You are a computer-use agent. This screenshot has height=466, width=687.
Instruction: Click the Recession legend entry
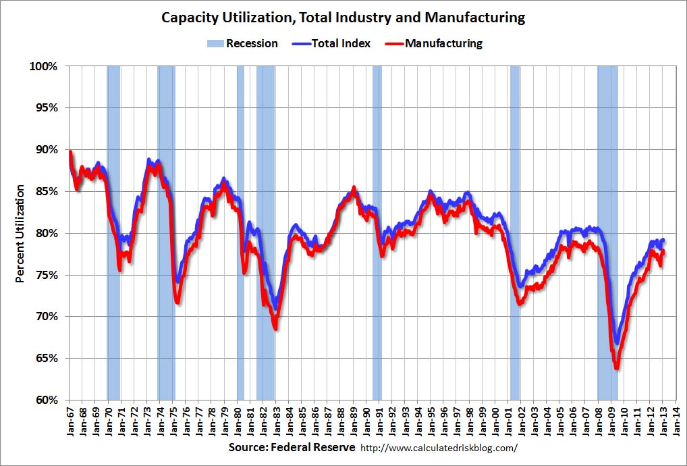[x=242, y=44]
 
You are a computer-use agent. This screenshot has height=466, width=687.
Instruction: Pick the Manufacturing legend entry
[x=435, y=44]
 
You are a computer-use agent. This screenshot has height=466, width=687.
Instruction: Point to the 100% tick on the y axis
[x=45, y=66]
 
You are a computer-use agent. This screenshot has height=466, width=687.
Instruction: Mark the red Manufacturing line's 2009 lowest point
[x=616, y=368]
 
